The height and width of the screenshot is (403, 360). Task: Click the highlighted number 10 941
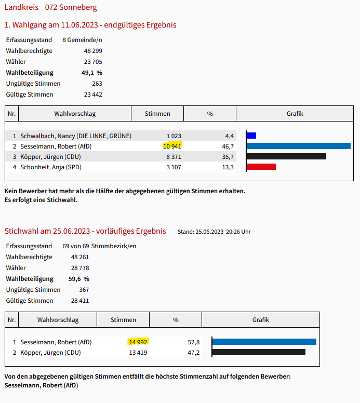click(x=172, y=146)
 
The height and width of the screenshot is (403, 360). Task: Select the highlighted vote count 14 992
click(x=138, y=342)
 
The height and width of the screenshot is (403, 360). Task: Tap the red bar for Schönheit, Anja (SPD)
click(x=261, y=167)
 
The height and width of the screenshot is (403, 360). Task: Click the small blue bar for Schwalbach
click(x=251, y=136)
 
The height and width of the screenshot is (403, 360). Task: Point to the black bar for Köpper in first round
click(x=286, y=156)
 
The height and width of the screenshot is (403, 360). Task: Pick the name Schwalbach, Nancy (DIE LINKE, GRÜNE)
click(x=75, y=136)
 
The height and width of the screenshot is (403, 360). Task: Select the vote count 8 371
click(x=174, y=157)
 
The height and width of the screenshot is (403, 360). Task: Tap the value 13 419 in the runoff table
click(x=138, y=353)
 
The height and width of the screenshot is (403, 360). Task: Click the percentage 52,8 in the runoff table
click(x=193, y=342)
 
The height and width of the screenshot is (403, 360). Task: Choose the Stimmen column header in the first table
click(x=157, y=114)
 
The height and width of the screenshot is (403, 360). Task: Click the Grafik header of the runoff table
click(x=260, y=320)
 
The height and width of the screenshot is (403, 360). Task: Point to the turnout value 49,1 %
click(x=91, y=73)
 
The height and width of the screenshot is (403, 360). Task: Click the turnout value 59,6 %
click(x=78, y=279)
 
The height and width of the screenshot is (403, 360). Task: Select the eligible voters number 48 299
click(x=93, y=51)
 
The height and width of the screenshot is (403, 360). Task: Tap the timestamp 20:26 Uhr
click(x=239, y=232)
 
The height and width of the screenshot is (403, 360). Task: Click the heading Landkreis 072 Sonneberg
click(x=50, y=7)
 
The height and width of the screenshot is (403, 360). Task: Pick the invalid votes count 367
click(x=84, y=290)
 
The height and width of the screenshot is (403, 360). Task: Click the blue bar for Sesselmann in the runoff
click(x=264, y=342)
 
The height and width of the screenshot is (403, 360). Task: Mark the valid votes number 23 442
click(x=93, y=95)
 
